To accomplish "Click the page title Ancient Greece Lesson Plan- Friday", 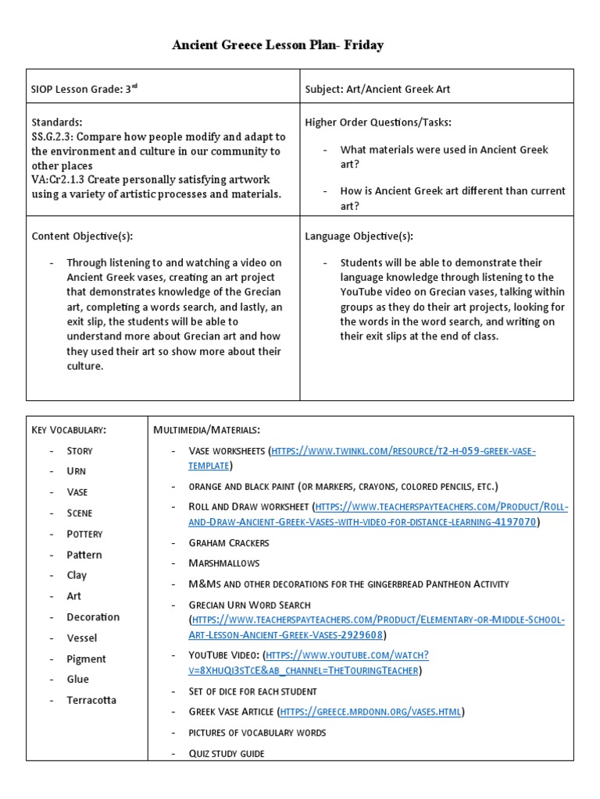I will (x=277, y=45).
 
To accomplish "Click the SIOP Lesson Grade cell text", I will (x=84, y=89).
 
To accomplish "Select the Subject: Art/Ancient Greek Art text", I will (x=377, y=89).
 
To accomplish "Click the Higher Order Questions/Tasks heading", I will (x=378, y=123).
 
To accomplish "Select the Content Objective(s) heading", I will (x=87, y=236).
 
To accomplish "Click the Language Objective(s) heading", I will (x=359, y=236).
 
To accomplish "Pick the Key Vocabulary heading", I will (x=69, y=430).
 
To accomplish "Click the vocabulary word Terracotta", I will (x=91, y=700).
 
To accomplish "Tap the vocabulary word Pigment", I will (x=86, y=659).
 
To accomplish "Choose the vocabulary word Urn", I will (x=77, y=471).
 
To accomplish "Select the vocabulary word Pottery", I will (x=84, y=534).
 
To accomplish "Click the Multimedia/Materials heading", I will (x=207, y=430).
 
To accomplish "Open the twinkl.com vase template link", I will (x=402, y=452).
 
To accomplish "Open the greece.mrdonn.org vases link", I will (x=370, y=712).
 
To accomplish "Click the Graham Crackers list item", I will (x=228, y=542).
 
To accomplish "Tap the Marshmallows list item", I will (x=224, y=563).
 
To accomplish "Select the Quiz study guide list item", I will (x=227, y=753).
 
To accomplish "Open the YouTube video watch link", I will (x=347, y=655).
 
